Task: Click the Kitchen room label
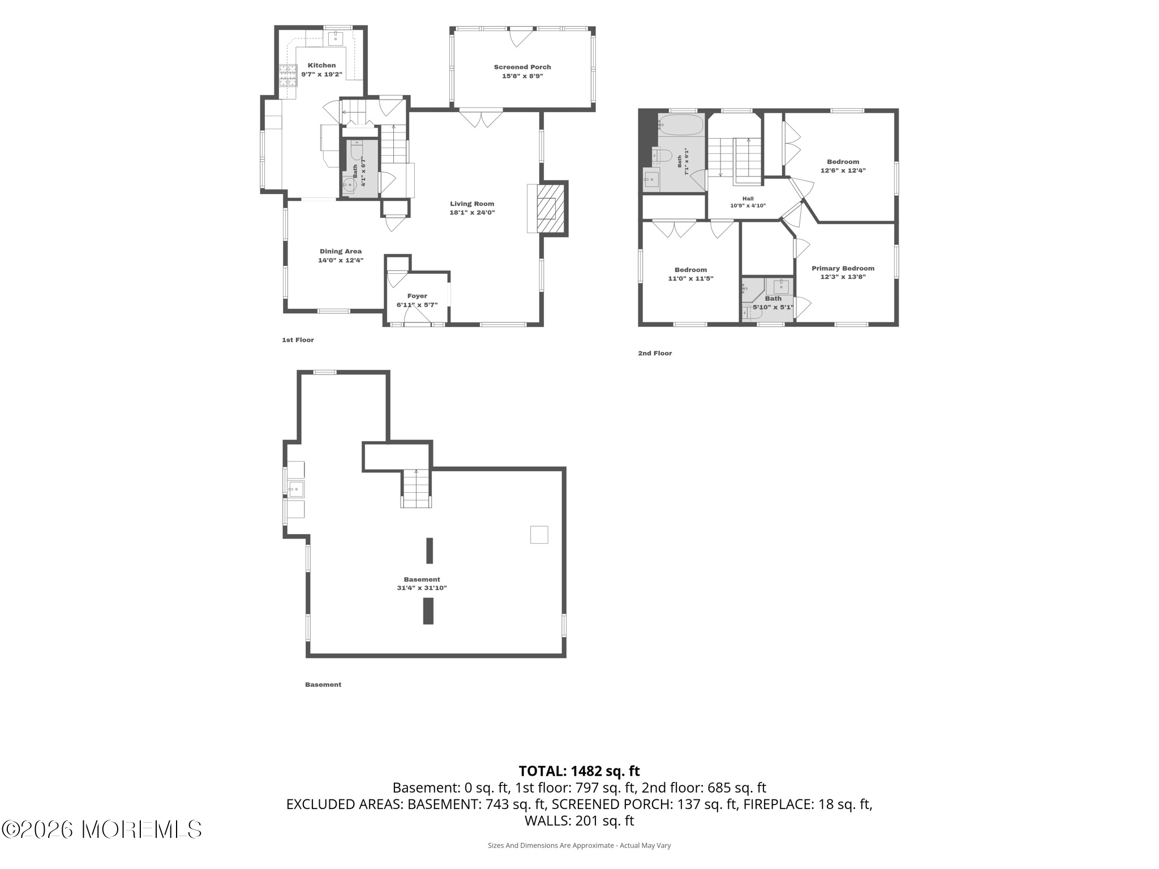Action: point(321,66)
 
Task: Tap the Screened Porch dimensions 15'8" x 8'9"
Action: point(522,76)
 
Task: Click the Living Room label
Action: point(472,204)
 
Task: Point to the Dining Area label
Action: point(341,251)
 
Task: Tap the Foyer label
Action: point(417,296)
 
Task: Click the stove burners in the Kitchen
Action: point(288,75)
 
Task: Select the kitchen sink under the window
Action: point(336,38)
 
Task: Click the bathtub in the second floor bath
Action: point(681,125)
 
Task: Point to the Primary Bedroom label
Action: point(843,268)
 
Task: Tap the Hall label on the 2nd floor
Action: point(748,199)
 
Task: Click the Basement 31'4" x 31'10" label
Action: point(422,583)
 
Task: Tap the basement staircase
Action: point(417,488)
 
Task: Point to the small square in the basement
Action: point(539,535)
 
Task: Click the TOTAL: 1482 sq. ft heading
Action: point(579,771)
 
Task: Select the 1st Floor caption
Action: point(298,340)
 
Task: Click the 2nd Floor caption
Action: point(655,353)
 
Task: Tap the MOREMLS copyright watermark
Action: point(102,829)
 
